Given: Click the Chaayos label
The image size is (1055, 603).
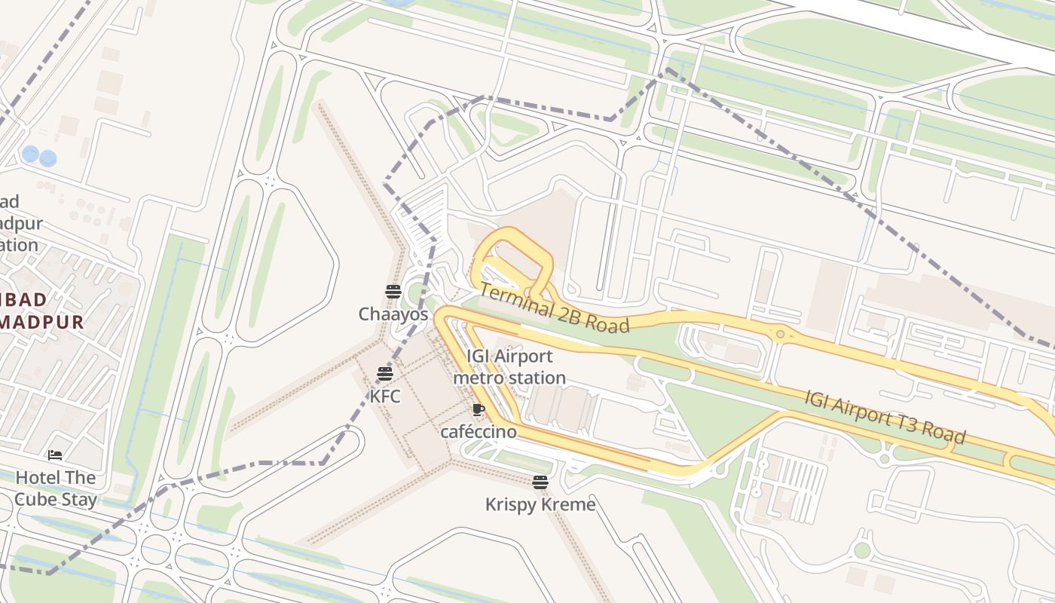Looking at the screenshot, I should click(393, 314).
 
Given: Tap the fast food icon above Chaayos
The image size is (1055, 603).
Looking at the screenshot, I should click(393, 292).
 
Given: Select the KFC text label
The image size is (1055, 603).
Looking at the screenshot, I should click(385, 396).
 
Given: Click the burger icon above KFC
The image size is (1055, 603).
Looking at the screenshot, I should click(385, 373).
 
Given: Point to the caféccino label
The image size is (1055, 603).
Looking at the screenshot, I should click(479, 432).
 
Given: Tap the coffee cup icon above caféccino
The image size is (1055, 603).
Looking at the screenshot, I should click(478, 409).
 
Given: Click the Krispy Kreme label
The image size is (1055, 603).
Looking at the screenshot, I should click(540, 504).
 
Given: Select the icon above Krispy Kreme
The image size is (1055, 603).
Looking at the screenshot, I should click(540, 482).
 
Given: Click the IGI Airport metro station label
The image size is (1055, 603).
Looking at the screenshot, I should click(509, 367).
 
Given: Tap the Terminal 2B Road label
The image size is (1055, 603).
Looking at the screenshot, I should click(554, 308).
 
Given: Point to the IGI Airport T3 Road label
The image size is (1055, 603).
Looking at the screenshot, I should click(885, 417).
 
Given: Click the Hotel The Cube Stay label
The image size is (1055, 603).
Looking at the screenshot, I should click(56, 488).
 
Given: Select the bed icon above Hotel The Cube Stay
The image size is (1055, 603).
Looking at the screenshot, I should click(55, 455).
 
